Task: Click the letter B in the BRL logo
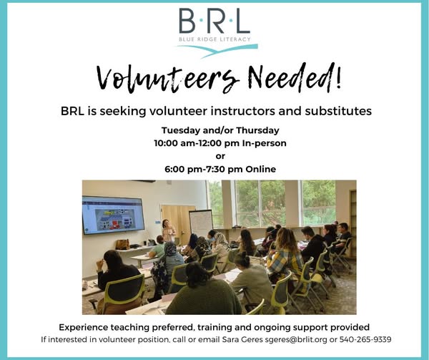(187, 21)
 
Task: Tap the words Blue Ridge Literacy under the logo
(214, 39)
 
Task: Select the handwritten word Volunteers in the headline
(168, 79)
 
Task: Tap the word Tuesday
(181, 130)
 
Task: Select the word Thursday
(257, 130)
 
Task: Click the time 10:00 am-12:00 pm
(197, 143)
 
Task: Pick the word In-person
(265, 143)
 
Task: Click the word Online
(261, 169)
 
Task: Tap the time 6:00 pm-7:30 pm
(204, 169)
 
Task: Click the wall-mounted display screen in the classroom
(113, 215)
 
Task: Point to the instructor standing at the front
(168, 230)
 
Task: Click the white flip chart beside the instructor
(201, 223)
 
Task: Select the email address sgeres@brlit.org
(296, 340)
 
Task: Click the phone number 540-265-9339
(365, 339)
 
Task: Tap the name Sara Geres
(242, 339)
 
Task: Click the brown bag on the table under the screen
(122, 244)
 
